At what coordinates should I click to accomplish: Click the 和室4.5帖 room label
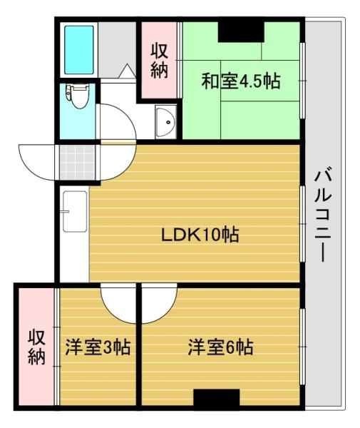240,80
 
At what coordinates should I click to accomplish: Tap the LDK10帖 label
200,233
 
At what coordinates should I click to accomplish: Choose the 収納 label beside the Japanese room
160,61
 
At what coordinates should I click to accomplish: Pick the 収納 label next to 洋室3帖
36,347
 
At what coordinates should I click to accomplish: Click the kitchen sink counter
74,214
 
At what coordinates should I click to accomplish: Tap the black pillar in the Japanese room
240,32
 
